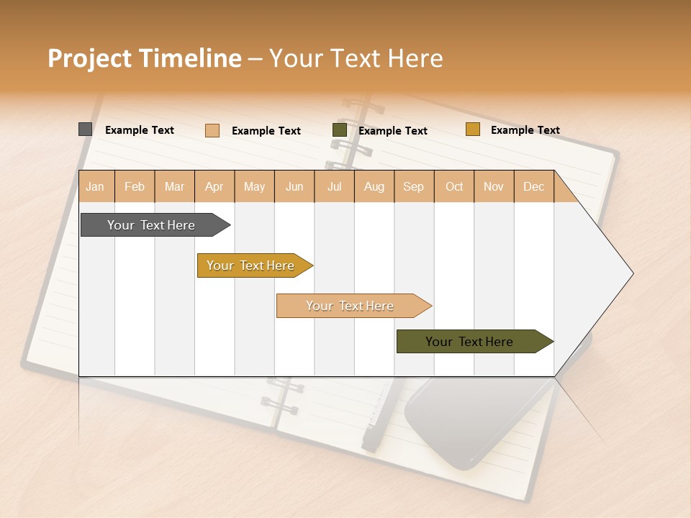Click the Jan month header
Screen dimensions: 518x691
click(95, 186)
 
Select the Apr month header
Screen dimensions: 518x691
click(214, 186)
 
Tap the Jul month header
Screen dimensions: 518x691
click(334, 186)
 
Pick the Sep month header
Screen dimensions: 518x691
click(413, 186)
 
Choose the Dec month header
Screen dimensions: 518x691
click(533, 186)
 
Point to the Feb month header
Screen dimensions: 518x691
click(135, 186)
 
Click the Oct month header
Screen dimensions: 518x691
click(454, 186)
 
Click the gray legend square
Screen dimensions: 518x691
click(86, 129)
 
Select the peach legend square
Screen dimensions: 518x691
click(212, 130)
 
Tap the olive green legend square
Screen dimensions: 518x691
click(340, 130)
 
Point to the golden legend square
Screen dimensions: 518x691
click(472, 129)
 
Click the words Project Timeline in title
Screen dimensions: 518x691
click(145, 58)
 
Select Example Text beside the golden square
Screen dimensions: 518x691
click(525, 130)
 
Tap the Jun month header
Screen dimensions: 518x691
click(294, 186)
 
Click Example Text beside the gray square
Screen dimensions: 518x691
click(140, 130)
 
